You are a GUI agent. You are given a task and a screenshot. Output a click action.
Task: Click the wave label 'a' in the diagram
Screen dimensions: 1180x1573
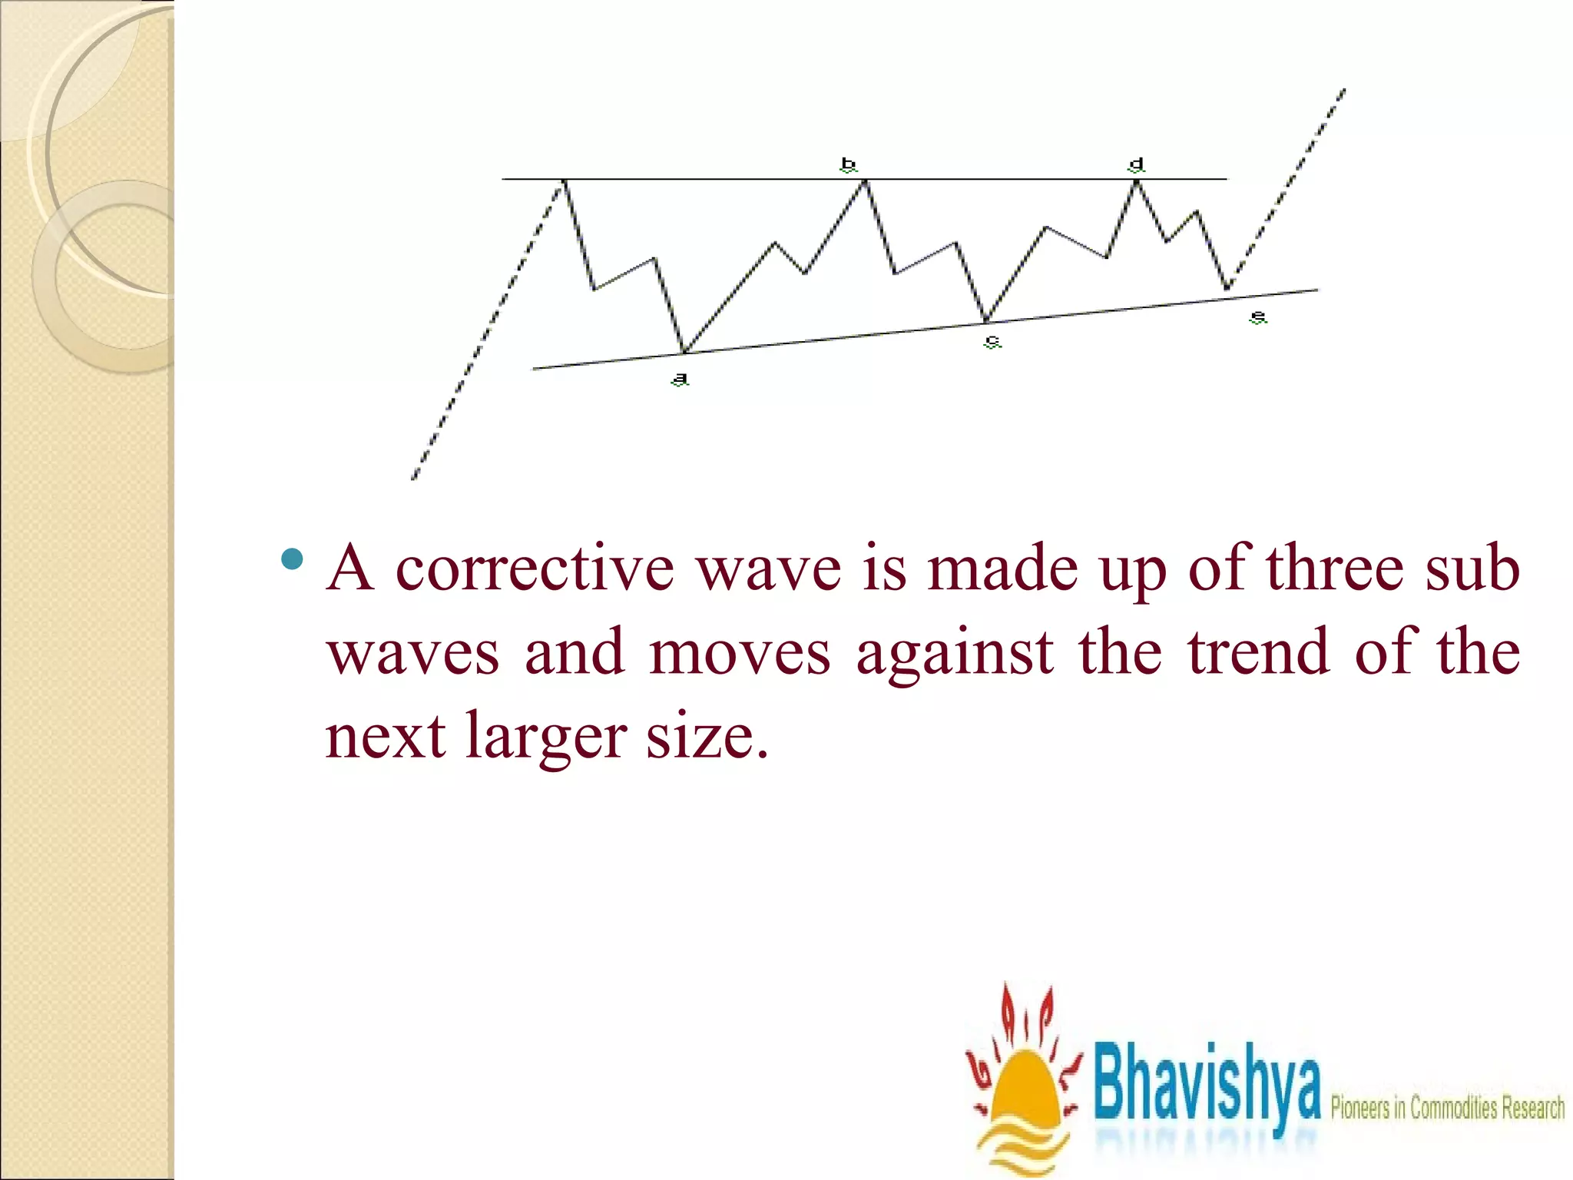[x=680, y=379]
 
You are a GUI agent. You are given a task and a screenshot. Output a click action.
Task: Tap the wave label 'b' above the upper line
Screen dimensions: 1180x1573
[x=848, y=164]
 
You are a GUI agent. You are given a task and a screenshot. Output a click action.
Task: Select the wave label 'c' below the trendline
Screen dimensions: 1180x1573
[x=992, y=341]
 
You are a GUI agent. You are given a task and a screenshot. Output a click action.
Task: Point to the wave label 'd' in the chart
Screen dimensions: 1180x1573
[x=1137, y=165]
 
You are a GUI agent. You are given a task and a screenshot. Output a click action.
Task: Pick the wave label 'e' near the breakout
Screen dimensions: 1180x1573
[x=1257, y=317]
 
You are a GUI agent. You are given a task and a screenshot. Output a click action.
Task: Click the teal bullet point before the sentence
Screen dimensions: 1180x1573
[x=292, y=559]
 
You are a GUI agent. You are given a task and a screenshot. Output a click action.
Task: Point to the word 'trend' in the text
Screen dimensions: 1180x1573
[x=1258, y=652]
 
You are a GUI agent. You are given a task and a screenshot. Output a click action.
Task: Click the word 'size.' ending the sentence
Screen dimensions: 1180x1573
[x=707, y=736]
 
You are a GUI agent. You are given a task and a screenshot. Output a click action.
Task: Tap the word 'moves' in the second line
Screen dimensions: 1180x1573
[x=740, y=652]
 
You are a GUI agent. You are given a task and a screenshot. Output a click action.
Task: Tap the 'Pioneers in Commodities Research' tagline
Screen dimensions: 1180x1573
[x=1447, y=1108]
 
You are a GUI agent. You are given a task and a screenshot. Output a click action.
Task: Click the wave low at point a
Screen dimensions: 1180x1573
[x=684, y=353]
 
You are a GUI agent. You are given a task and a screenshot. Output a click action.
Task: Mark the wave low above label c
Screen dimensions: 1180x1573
[x=987, y=320]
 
